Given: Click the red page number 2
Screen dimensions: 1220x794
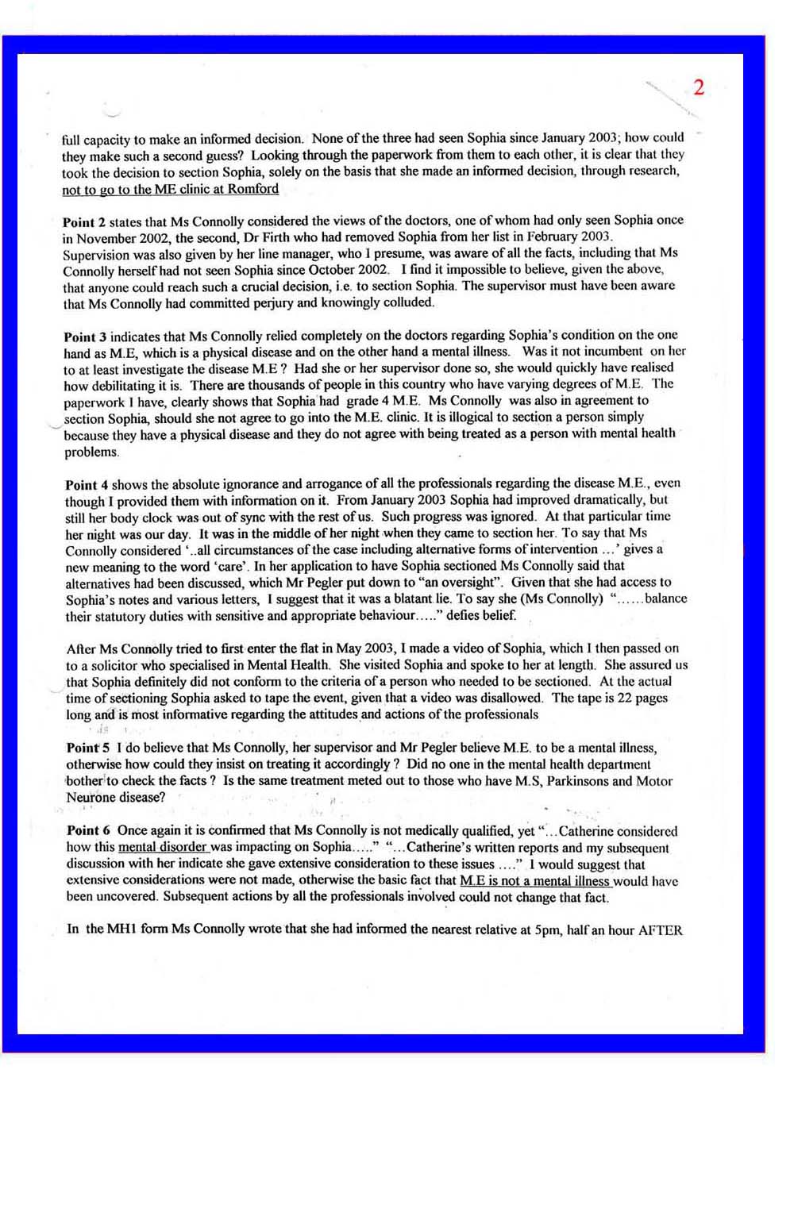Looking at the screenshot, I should click(698, 88).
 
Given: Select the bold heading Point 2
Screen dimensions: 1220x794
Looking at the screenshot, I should click(84, 221).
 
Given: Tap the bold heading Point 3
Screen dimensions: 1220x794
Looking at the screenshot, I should click(85, 336).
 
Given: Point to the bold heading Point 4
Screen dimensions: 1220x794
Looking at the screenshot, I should click(87, 484).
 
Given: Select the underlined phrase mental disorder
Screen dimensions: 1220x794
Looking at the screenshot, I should click(163, 847).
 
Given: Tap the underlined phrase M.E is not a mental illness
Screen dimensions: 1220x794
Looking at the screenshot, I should click(534, 880).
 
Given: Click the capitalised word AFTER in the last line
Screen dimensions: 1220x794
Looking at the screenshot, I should click(660, 929).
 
